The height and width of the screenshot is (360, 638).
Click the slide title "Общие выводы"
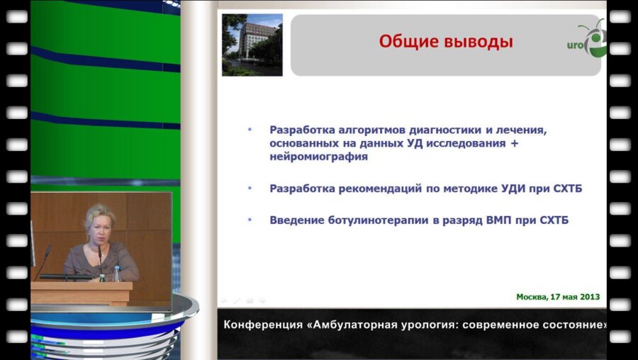445,42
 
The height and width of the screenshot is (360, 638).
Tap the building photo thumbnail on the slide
252,45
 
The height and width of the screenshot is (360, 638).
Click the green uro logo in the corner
588,43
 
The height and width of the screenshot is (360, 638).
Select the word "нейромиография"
318,157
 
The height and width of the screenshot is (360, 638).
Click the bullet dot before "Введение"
250,220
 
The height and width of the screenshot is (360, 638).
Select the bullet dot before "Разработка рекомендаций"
250,188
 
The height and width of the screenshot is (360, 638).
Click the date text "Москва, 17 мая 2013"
557,297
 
